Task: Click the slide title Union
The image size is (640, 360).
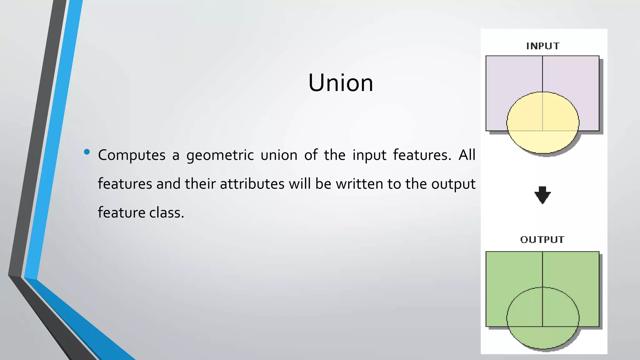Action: pos(341,83)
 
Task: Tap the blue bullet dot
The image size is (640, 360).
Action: pos(87,152)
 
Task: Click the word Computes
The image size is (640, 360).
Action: pos(132,155)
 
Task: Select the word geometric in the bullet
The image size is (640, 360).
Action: pos(220,155)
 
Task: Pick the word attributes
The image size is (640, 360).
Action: pos(252,184)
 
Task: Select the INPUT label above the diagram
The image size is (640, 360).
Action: pos(543,46)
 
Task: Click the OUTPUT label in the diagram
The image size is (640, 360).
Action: pos(542,240)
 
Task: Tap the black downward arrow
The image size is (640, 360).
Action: pos(542,195)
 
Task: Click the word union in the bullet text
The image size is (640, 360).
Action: pos(279,155)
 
